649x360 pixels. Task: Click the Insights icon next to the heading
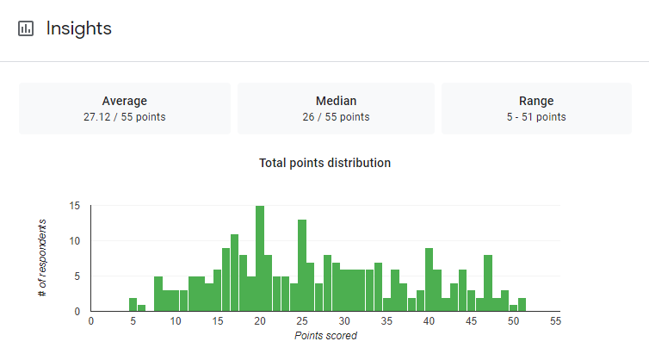[x=26, y=28]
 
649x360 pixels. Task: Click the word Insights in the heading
[x=79, y=28]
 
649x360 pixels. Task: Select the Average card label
[x=125, y=101]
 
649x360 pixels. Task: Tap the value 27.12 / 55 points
[x=125, y=116]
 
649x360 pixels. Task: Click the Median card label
[x=337, y=101]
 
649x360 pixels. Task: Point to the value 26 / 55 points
[x=337, y=116]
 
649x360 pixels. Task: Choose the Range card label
[x=536, y=101]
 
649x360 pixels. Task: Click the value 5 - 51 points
[x=536, y=116]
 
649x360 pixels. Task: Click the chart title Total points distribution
[x=325, y=163]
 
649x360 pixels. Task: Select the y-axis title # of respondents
[x=42, y=258]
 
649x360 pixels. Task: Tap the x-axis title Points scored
[x=325, y=336]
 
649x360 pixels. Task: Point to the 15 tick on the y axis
[x=75, y=206]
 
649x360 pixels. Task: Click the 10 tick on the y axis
[x=75, y=241]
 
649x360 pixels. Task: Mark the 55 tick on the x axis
[x=555, y=321]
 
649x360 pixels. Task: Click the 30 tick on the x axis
[x=344, y=321]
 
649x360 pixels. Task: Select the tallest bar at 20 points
[x=260, y=258]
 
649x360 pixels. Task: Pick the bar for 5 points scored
[x=133, y=305]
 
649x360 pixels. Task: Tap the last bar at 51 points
[x=522, y=305]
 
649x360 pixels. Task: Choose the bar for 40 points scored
[x=429, y=280]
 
